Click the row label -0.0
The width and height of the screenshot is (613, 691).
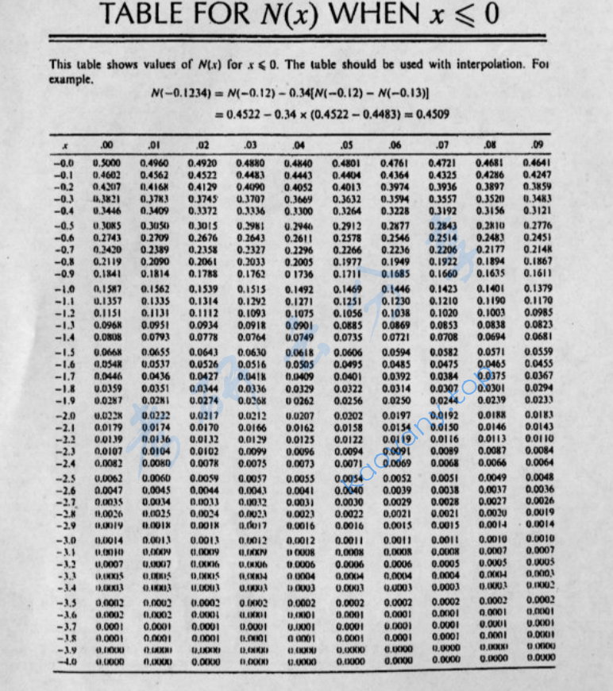pyautogui.click(x=64, y=162)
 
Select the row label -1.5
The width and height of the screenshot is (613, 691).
pyautogui.click(x=64, y=352)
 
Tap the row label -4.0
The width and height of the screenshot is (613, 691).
pyautogui.click(x=64, y=661)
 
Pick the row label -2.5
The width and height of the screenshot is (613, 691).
pyautogui.click(x=64, y=479)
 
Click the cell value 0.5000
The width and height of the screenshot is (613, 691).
pyautogui.click(x=105, y=162)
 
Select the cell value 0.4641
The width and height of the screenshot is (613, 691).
pyautogui.click(x=538, y=162)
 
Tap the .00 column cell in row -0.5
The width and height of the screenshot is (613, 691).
pyautogui.click(x=105, y=226)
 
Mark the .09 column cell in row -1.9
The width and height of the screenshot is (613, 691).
pyautogui.click(x=538, y=400)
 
